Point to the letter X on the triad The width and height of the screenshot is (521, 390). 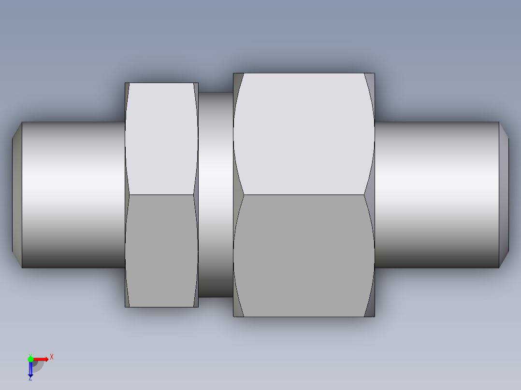click(52, 357)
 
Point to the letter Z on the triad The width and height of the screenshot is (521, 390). click(30, 379)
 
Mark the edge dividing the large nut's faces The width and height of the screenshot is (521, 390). click(304, 195)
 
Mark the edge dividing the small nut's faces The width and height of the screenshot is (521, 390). click(161, 195)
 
